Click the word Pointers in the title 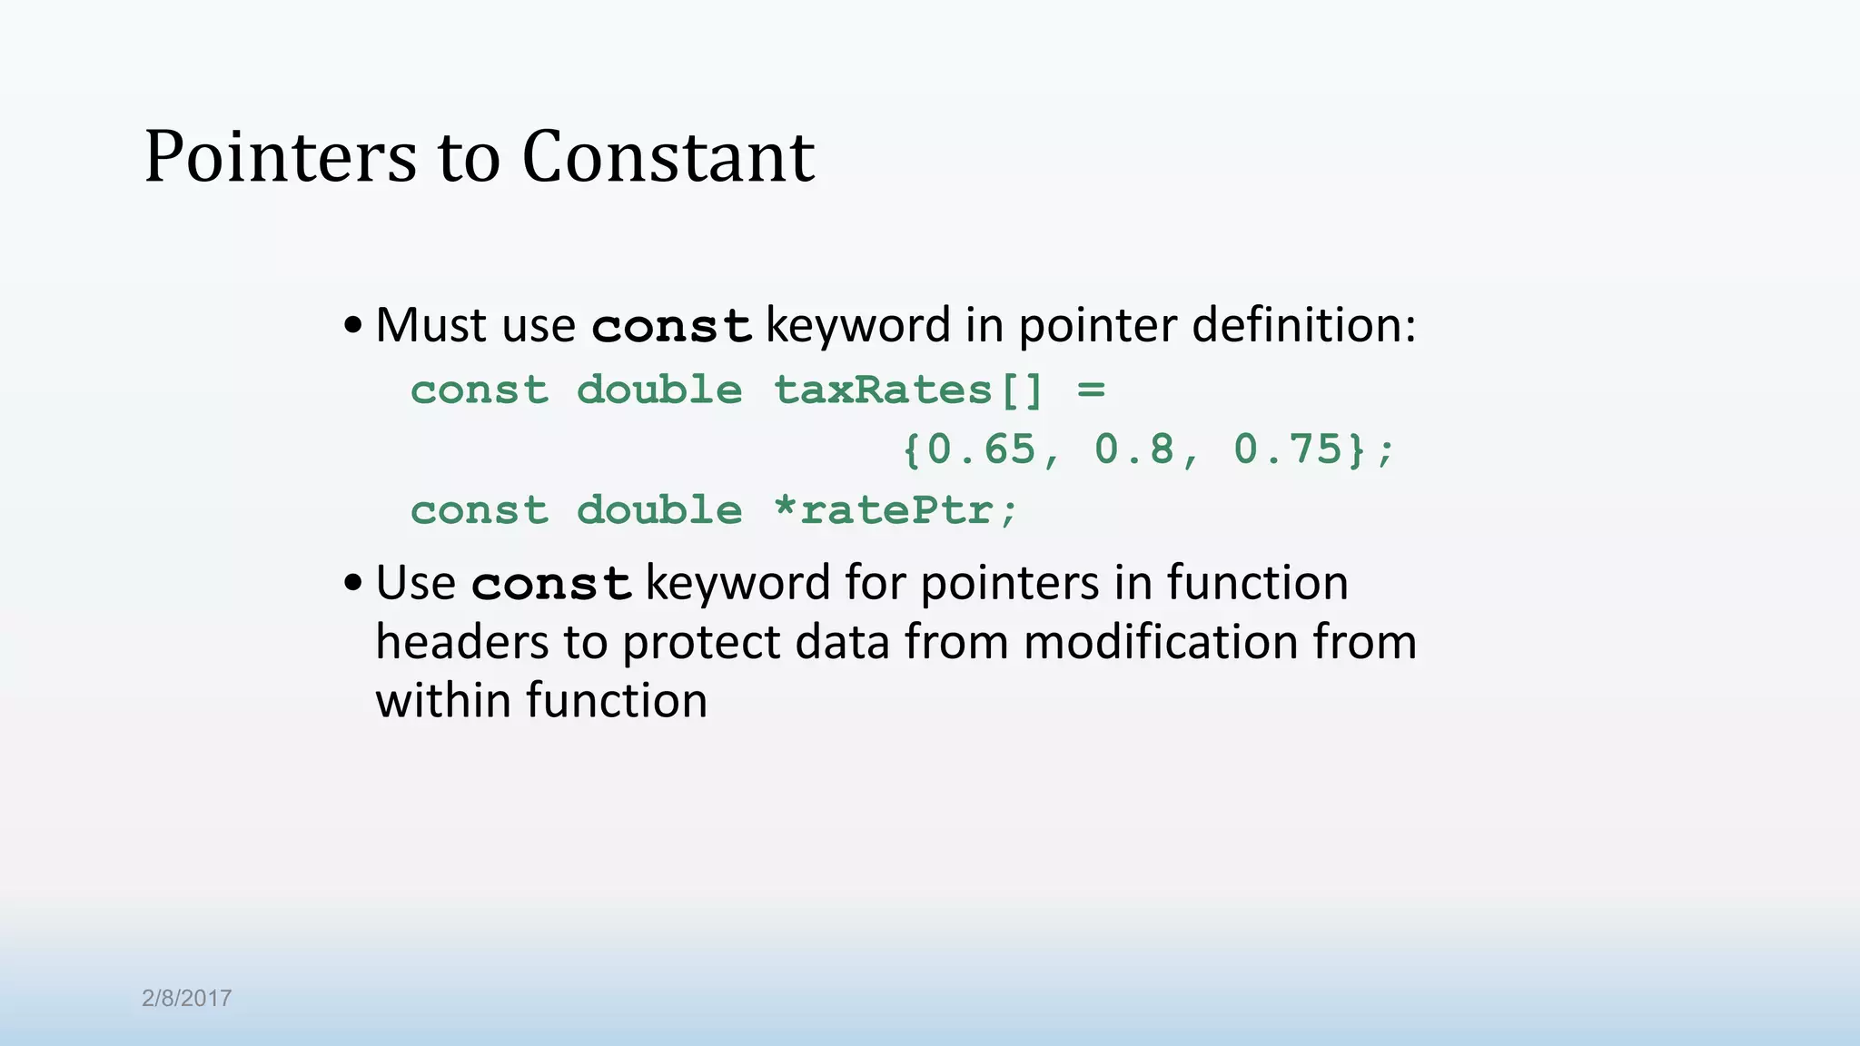tap(280, 157)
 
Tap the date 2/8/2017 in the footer tap(186, 998)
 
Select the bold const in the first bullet tap(671, 326)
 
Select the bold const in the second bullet tap(550, 584)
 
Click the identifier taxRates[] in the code tap(908, 390)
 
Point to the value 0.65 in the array tap(982, 449)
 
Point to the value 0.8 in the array tap(1135, 449)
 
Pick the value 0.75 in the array tap(1288, 449)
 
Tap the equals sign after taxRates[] tap(1091, 390)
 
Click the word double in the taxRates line tap(659, 390)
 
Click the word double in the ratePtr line tap(659, 510)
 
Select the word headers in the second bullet tap(461, 642)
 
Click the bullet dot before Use tap(353, 584)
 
